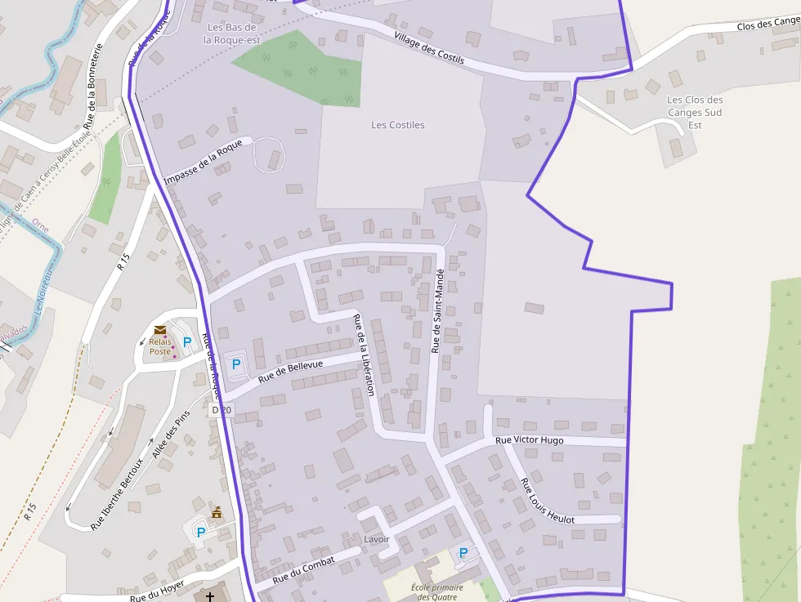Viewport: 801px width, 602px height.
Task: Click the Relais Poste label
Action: (160, 346)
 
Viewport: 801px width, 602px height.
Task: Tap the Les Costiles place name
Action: (398, 125)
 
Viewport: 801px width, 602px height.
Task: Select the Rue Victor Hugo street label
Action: (530, 440)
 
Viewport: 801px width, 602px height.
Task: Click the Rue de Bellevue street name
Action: (291, 371)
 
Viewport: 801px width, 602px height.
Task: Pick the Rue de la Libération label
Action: (364, 355)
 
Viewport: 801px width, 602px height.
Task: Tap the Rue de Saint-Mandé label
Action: (437, 311)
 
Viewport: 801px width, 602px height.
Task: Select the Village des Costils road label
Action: (428, 48)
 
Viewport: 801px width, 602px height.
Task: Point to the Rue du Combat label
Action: (304, 569)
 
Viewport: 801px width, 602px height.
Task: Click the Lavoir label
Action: (377, 540)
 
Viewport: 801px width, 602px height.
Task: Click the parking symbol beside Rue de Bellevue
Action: (237, 364)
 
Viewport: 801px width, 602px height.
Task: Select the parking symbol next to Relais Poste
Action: (187, 342)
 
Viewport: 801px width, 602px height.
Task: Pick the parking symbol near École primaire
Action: (463, 553)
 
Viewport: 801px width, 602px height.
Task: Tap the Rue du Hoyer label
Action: (157, 591)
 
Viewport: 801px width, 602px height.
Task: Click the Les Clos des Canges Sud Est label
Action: (695, 112)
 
